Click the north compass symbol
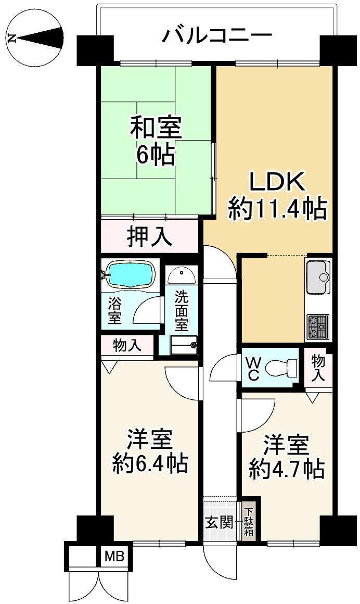point(35,39)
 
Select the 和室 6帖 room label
point(156,142)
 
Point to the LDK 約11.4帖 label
point(277,196)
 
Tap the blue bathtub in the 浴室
point(130,274)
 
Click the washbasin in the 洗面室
point(182,274)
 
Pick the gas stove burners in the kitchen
point(318,327)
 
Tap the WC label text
point(252,369)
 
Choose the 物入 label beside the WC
point(318,368)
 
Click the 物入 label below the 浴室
point(127,346)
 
